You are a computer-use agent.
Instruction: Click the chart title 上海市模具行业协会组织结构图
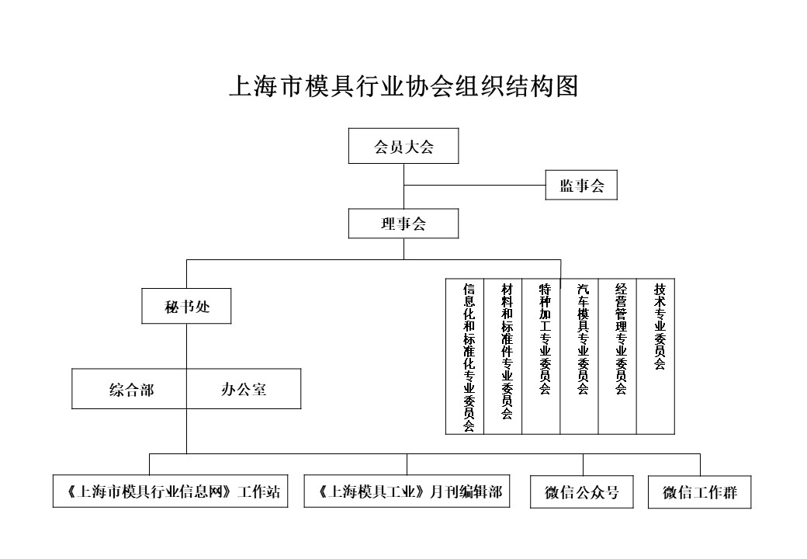coord(404,85)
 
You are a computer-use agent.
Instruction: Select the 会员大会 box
coord(403,146)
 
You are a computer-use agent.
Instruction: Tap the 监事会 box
coord(581,185)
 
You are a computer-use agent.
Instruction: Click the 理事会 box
coord(403,224)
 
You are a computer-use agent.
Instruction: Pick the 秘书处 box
coord(186,306)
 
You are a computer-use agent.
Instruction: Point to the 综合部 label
coord(132,390)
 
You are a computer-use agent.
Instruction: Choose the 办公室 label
coord(244,389)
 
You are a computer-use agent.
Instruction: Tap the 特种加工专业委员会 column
coord(541,356)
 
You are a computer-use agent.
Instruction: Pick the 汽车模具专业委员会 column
coord(579,356)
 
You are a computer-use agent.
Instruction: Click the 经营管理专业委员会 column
coord(617,356)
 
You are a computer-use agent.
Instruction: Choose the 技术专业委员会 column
coord(656,356)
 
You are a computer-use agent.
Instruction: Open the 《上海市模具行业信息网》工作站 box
coord(171,491)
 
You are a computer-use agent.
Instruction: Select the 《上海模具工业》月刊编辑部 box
coord(407,491)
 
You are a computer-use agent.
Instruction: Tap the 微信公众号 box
coord(582,491)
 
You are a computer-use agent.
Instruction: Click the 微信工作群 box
coord(700,491)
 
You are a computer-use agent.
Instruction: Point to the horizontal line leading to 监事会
coord(475,185)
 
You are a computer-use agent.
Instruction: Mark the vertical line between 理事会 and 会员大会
coord(404,186)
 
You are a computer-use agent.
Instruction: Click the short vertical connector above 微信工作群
coord(700,464)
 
